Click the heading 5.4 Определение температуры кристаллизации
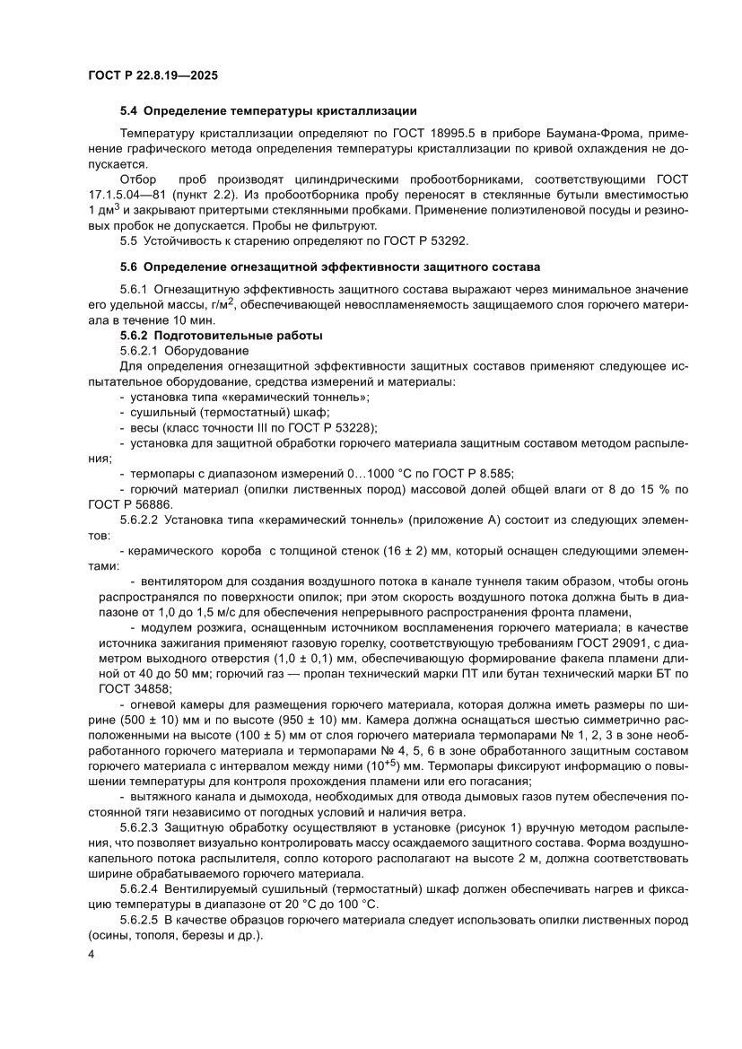coord(268,111)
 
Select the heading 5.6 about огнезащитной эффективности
coord(331,267)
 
